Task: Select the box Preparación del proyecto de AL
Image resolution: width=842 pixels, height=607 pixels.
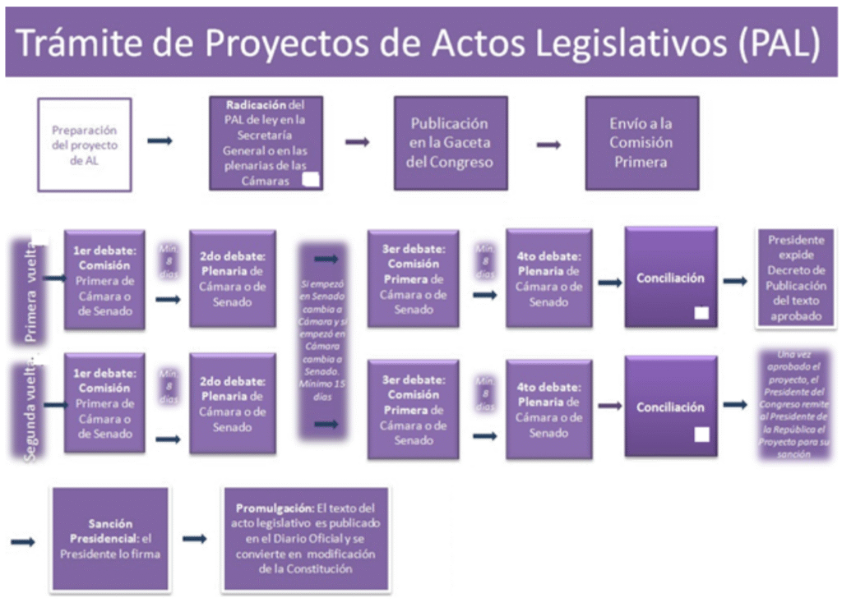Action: point(85,145)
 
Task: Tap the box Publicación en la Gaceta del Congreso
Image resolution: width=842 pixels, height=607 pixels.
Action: point(450,142)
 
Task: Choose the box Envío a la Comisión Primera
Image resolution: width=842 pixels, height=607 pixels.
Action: point(641,142)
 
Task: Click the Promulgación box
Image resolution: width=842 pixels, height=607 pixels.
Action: point(306,538)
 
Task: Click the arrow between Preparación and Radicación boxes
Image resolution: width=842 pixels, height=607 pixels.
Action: point(160,141)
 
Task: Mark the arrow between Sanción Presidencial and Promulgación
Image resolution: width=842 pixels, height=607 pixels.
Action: point(195,539)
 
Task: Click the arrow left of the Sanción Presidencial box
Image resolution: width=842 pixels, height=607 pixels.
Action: point(23,542)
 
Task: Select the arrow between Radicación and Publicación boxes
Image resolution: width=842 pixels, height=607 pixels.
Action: point(357,142)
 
